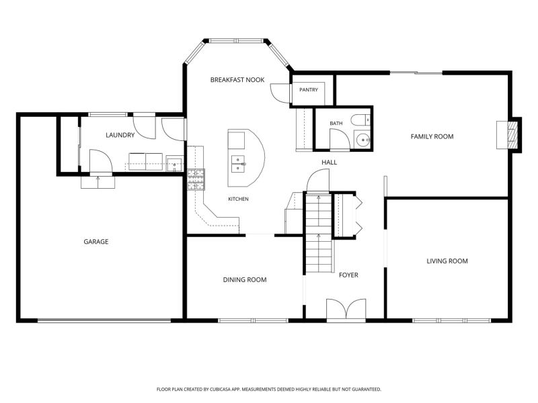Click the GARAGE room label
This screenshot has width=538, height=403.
[96, 242]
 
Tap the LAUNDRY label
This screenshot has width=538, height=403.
[120, 135]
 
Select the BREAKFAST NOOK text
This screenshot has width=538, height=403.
[237, 80]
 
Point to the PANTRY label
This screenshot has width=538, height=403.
[309, 90]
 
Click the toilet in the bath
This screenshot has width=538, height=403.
[360, 120]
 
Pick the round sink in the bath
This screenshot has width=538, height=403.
[362, 140]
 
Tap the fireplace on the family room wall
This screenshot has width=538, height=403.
[508, 135]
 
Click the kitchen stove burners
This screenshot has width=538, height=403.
[196, 179]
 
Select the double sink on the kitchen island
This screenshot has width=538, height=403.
[238, 164]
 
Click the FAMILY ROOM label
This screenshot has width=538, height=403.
[432, 136]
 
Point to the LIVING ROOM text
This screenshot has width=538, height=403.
[447, 261]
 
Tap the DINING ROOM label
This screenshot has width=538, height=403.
[245, 279]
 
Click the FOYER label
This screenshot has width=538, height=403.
[348, 275]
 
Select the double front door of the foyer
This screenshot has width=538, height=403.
[346, 310]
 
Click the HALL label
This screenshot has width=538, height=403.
[329, 162]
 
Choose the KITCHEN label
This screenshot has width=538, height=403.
[238, 199]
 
